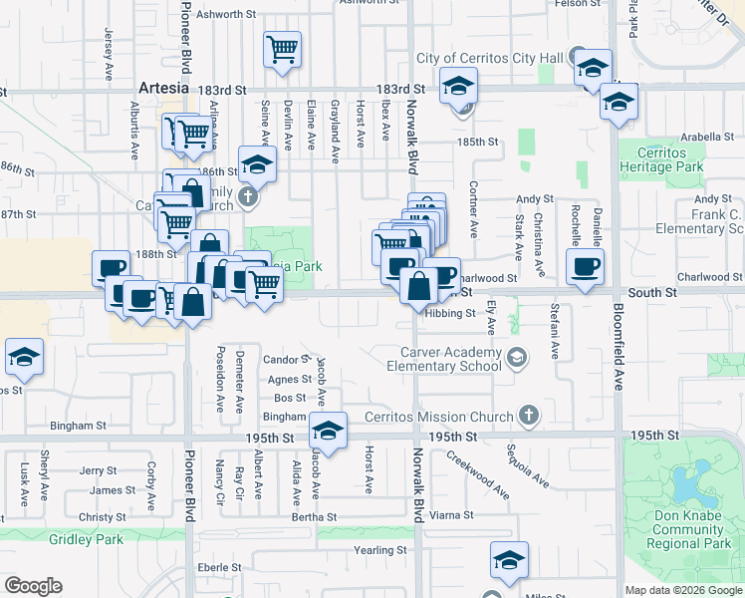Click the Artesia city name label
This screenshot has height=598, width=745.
[163, 88]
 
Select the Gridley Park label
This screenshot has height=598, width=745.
[86, 539]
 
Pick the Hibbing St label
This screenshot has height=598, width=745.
[449, 313]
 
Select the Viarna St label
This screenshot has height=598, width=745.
[451, 515]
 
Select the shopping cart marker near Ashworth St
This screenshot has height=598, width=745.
[283, 48]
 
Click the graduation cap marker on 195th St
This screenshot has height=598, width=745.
[327, 431]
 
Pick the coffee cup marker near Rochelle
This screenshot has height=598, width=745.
[585, 266]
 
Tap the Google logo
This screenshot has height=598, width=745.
[33, 586]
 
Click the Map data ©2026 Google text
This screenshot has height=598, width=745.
[683, 591]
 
